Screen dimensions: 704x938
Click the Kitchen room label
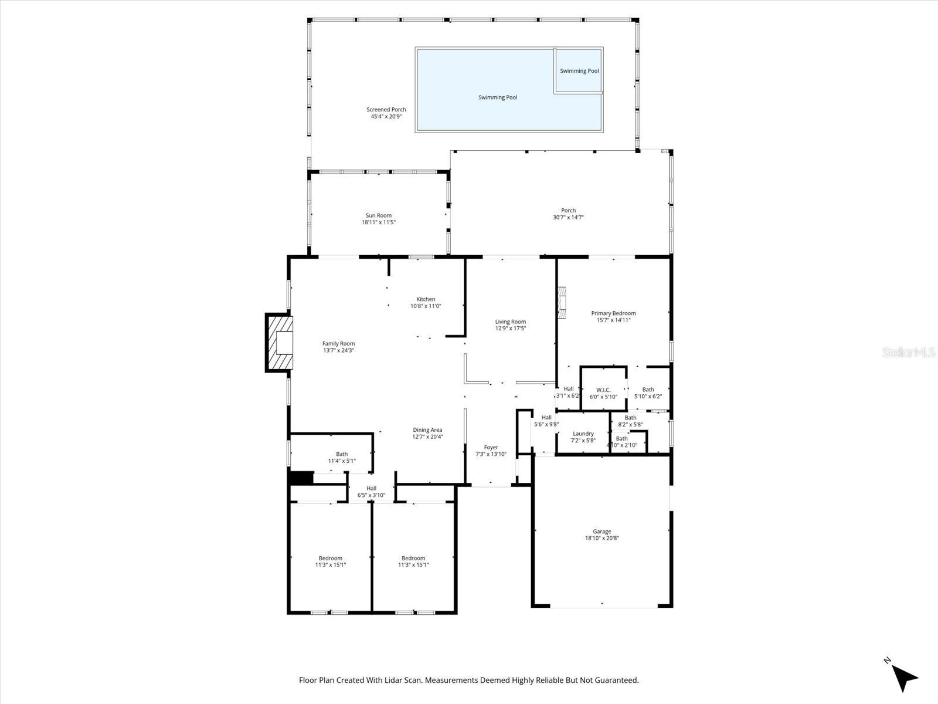(426, 299)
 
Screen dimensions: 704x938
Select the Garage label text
(601, 532)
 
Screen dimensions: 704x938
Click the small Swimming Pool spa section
(579, 70)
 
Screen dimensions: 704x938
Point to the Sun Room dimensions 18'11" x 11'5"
(379, 222)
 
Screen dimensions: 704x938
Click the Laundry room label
(583, 434)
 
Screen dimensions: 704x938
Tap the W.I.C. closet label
(603, 390)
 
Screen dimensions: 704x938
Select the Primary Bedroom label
(613, 313)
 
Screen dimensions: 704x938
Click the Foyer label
(491, 447)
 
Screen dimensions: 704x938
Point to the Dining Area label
(427, 430)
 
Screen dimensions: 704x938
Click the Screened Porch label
(386, 110)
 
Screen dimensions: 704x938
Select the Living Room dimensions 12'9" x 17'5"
(510, 329)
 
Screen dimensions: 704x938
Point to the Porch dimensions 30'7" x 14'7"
(568, 218)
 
